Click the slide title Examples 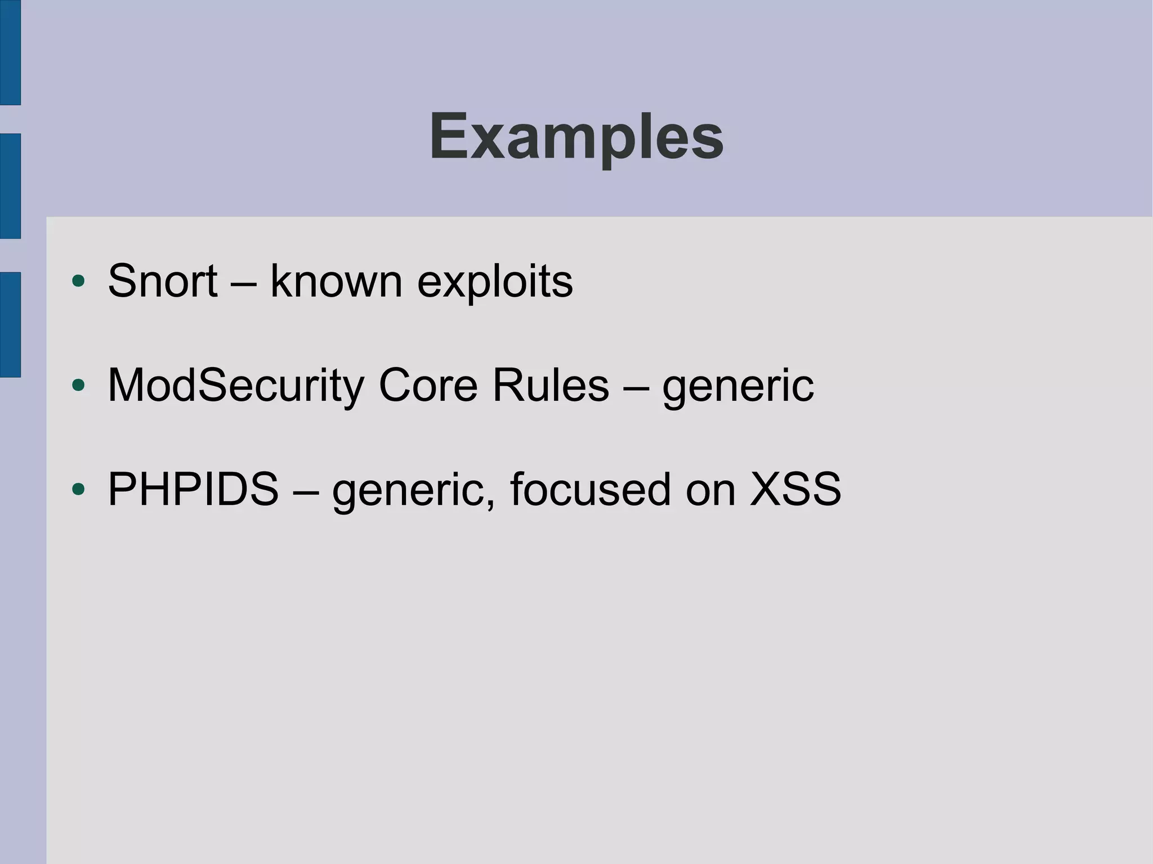(x=576, y=137)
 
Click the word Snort (x=162, y=281)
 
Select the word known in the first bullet (x=336, y=281)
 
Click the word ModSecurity (x=236, y=387)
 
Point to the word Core (x=428, y=386)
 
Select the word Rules (x=550, y=386)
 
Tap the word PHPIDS (x=193, y=489)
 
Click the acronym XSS (x=795, y=489)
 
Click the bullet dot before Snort (x=79, y=281)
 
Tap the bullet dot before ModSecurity (x=79, y=386)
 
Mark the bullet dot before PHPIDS (x=79, y=489)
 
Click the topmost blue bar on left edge (x=10, y=52)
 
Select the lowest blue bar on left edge (x=10, y=324)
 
